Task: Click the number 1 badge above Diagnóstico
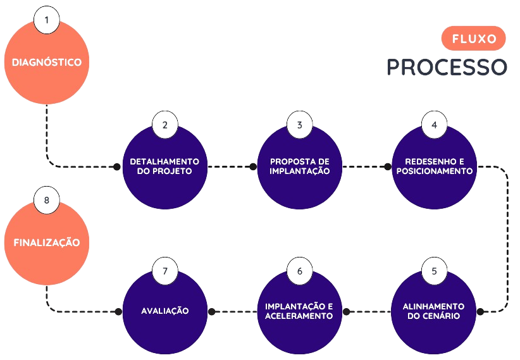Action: click(x=46, y=20)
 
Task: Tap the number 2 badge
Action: click(x=164, y=125)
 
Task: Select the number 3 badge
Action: click(x=299, y=125)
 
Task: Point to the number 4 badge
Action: click(x=434, y=125)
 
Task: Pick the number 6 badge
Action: click(x=299, y=271)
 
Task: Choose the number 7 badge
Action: click(x=164, y=271)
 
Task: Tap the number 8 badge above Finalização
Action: click(x=46, y=199)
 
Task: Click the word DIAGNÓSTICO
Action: click(x=46, y=63)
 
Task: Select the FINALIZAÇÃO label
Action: click(x=46, y=242)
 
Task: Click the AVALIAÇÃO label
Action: click(x=164, y=311)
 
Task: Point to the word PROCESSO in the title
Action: click(x=447, y=67)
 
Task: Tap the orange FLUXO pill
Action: click(x=474, y=39)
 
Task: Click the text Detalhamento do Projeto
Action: click(x=164, y=166)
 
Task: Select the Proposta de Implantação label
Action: click(x=299, y=166)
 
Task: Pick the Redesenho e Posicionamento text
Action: click(x=434, y=166)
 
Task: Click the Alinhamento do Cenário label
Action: click(x=434, y=311)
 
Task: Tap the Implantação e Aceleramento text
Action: click(x=299, y=311)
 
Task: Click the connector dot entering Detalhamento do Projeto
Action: click(x=116, y=167)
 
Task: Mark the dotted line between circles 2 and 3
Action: click(x=232, y=167)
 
